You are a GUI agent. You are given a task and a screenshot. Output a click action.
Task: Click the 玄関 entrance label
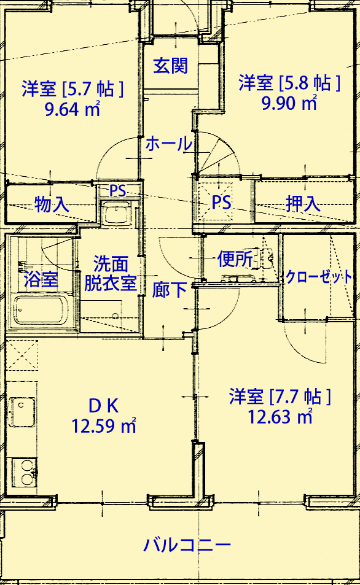click(170, 66)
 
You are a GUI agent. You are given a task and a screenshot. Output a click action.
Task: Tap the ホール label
click(169, 144)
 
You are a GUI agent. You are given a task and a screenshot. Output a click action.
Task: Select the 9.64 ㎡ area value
click(72, 109)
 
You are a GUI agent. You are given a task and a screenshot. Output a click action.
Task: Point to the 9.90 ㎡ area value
click(289, 103)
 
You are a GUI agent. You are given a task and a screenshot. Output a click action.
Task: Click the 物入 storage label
click(52, 204)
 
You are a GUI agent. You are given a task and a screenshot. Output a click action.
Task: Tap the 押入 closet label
click(303, 204)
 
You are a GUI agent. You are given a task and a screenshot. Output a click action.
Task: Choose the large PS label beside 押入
click(221, 203)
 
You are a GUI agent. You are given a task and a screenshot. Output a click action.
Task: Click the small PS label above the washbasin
click(117, 191)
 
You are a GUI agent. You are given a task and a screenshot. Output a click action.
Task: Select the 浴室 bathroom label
click(41, 279)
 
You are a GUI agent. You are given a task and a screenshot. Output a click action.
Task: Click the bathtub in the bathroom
click(41, 309)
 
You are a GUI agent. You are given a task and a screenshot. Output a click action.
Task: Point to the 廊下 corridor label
click(169, 290)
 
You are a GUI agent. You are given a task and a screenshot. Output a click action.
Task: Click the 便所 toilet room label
click(235, 259)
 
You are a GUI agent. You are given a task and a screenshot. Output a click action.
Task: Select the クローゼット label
click(319, 277)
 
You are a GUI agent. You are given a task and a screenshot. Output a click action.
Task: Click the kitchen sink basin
click(23, 413)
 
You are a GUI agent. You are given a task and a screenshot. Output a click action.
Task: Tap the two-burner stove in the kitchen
click(25, 472)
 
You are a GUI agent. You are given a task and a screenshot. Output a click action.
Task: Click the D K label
click(103, 406)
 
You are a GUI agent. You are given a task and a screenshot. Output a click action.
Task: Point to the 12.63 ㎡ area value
click(280, 417)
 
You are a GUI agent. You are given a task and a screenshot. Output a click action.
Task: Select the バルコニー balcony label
click(187, 545)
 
